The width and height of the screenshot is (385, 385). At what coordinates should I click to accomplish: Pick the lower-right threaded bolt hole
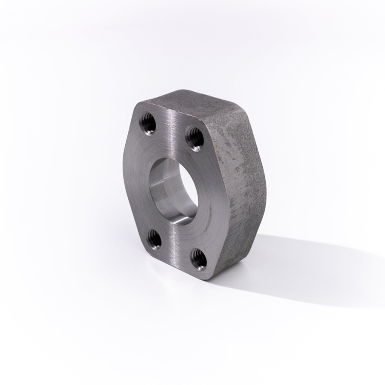[x=198, y=256]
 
